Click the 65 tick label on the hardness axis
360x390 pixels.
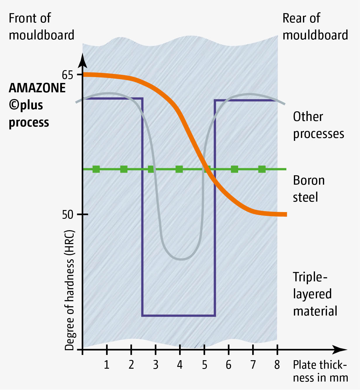[67, 75]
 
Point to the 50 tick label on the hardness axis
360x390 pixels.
[67, 215]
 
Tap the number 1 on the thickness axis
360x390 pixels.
[107, 365]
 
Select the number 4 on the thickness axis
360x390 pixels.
[180, 365]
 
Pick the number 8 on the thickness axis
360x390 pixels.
[277, 365]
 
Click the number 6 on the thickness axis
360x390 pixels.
[229, 365]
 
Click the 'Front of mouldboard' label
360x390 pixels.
[41, 27]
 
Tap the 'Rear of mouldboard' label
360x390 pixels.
[315, 27]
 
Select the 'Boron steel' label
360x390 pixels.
[309, 189]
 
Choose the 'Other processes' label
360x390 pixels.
[318, 125]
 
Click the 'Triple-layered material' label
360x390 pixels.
[315, 294]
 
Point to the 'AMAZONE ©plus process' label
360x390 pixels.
[37, 105]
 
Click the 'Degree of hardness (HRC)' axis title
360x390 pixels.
[70, 290]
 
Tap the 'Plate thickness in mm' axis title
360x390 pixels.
[320, 371]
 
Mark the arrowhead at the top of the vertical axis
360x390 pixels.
[83, 60]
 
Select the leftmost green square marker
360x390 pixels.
[96, 169]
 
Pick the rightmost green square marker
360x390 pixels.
[262, 169]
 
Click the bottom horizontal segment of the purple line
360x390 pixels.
[179, 316]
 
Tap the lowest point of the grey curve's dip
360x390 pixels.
[182, 259]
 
